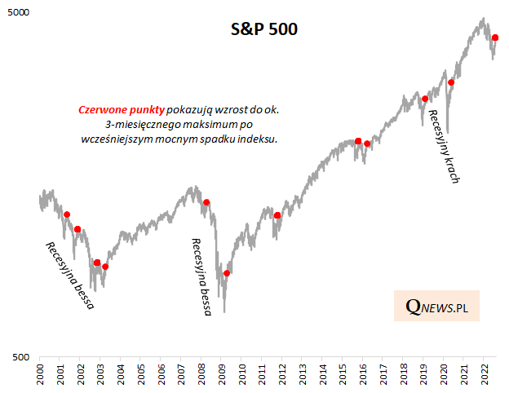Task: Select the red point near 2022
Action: (x=495, y=38)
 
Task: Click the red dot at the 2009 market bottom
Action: (x=227, y=273)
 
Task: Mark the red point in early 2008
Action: (x=206, y=202)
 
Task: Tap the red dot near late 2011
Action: (x=277, y=215)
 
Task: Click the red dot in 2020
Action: (x=451, y=82)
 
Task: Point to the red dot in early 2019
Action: (x=425, y=99)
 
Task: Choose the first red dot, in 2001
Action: (x=67, y=214)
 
